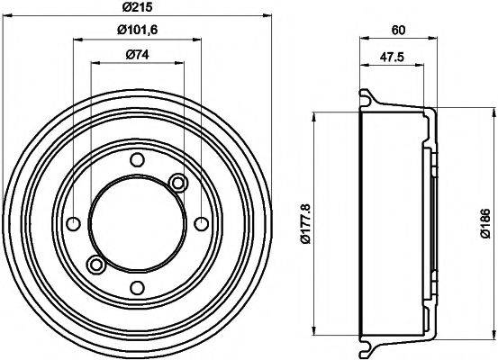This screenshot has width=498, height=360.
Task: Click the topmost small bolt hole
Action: click(x=137, y=160)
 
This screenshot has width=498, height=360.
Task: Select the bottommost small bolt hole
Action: click(x=137, y=287)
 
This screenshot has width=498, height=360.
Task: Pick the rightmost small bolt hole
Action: click(x=200, y=223)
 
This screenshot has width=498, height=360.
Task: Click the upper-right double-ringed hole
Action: click(x=177, y=184)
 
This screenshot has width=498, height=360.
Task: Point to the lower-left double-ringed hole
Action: click(x=95, y=264)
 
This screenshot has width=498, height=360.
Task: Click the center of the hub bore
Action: click(x=137, y=223)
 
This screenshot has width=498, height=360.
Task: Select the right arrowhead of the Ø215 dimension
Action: click(x=267, y=15)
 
